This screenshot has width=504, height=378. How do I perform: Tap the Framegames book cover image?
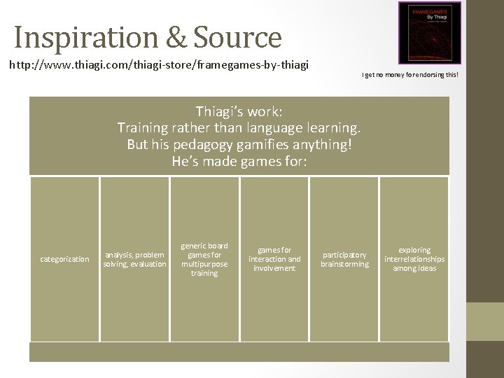point(430,33)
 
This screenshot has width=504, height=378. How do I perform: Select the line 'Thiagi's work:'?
point(239,111)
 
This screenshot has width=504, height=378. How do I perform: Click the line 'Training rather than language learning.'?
point(239,128)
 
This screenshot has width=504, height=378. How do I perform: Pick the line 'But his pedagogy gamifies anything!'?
point(239,145)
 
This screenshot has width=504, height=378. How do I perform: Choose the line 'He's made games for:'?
point(239,162)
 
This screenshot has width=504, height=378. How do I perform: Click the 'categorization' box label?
point(64,259)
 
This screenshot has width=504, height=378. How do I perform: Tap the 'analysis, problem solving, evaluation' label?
point(134,259)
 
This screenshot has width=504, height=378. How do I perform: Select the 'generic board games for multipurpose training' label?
point(204,259)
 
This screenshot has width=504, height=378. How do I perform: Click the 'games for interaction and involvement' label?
point(274,259)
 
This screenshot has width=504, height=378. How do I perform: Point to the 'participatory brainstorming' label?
point(344,259)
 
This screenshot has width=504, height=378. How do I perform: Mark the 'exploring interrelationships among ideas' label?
point(414,259)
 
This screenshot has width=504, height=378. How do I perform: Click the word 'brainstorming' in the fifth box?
point(344,264)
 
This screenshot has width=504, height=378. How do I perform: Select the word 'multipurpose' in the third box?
point(204,264)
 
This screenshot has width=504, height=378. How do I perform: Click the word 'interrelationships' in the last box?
point(414,259)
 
